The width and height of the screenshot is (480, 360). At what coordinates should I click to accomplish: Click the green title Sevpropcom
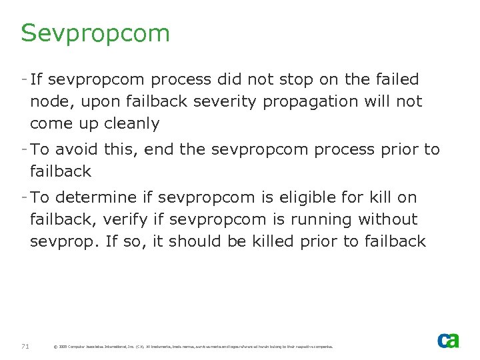pyautogui.click(x=95, y=33)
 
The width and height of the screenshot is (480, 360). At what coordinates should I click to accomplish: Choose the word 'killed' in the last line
pyautogui.click(x=273, y=241)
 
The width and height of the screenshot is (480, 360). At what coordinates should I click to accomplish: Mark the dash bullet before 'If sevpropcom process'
pyautogui.click(x=24, y=79)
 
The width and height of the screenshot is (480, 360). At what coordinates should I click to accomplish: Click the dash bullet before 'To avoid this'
pyautogui.click(x=24, y=149)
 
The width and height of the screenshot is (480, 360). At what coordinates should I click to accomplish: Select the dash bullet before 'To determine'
pyautogui.click(x=24, y=197)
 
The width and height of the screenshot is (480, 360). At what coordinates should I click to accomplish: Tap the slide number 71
pyautogui.click(x=25, y=346)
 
